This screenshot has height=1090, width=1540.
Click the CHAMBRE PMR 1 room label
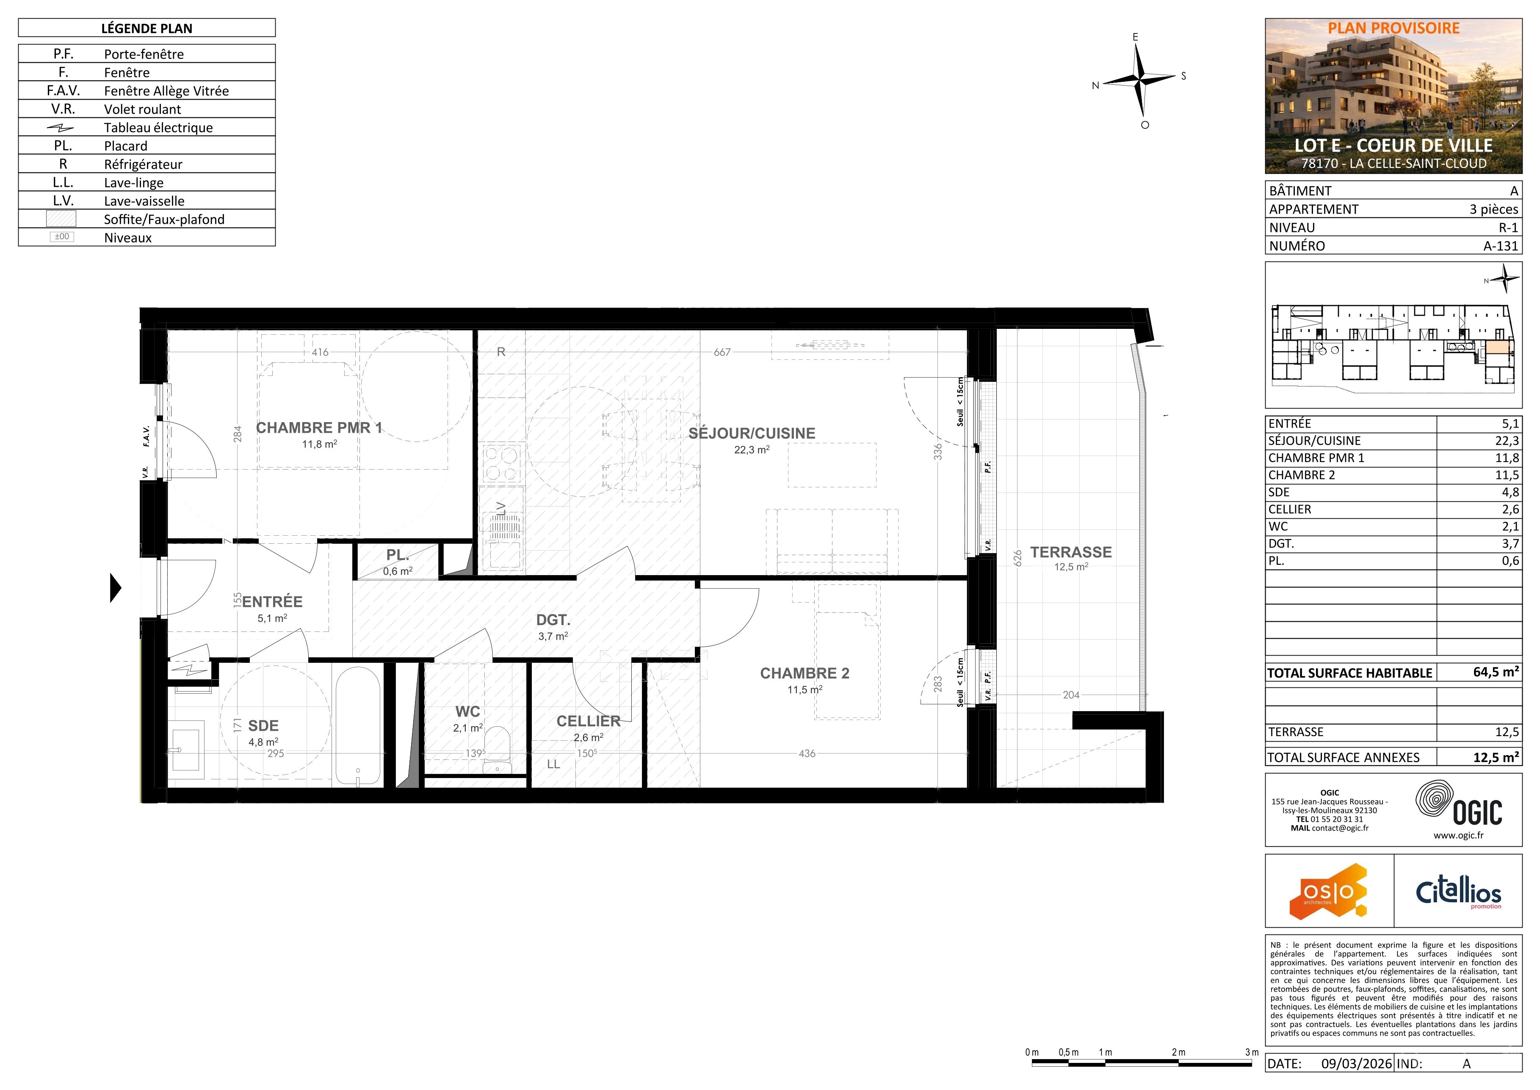[319, 428]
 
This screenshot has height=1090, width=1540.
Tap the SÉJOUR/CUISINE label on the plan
[752, 434]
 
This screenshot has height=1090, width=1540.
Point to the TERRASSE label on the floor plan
[1071, 552]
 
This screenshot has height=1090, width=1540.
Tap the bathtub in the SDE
[358, 726]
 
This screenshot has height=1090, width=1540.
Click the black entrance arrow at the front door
[115, 588]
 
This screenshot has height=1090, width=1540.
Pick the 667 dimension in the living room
[722, 352]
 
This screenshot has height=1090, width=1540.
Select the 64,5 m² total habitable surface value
[1496, 672]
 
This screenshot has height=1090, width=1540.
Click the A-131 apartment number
[1501, 246]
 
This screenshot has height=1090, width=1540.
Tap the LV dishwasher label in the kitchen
[500, 509]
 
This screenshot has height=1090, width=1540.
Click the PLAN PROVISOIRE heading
[1394, 28]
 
